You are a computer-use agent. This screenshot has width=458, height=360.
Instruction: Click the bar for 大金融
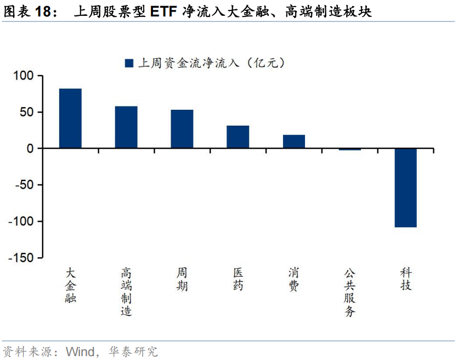click(x=70, y=119)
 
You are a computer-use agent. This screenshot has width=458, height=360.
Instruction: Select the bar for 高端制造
click(x=126, y=127)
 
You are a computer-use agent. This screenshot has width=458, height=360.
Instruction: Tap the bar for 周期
click(x=182, y=129)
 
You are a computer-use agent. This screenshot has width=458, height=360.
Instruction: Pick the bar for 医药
click(x=238, y=137)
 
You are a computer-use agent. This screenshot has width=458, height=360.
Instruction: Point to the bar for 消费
click(x=294, y=142)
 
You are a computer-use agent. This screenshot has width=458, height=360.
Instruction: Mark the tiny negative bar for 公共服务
click(x=350, y=149)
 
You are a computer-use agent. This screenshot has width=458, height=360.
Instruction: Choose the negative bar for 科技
click(x=406, y=188)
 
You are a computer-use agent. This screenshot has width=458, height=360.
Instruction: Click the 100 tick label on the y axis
click(x=24, y=76)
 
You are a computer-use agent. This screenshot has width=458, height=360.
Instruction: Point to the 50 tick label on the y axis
click(x=27, y=113)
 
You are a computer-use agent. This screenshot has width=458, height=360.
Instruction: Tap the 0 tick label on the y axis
click(x=30, y=149)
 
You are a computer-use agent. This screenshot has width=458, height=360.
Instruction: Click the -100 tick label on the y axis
click(x=21, y=221)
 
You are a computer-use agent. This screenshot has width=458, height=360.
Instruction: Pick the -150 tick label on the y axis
click(x=21, y=257)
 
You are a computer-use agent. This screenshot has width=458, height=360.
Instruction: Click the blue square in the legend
click(x=129, y=63)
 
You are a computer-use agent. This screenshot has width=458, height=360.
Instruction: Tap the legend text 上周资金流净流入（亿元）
click(x=211, y=63)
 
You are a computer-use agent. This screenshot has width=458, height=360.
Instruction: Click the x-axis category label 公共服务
click(x=350, y=292)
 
